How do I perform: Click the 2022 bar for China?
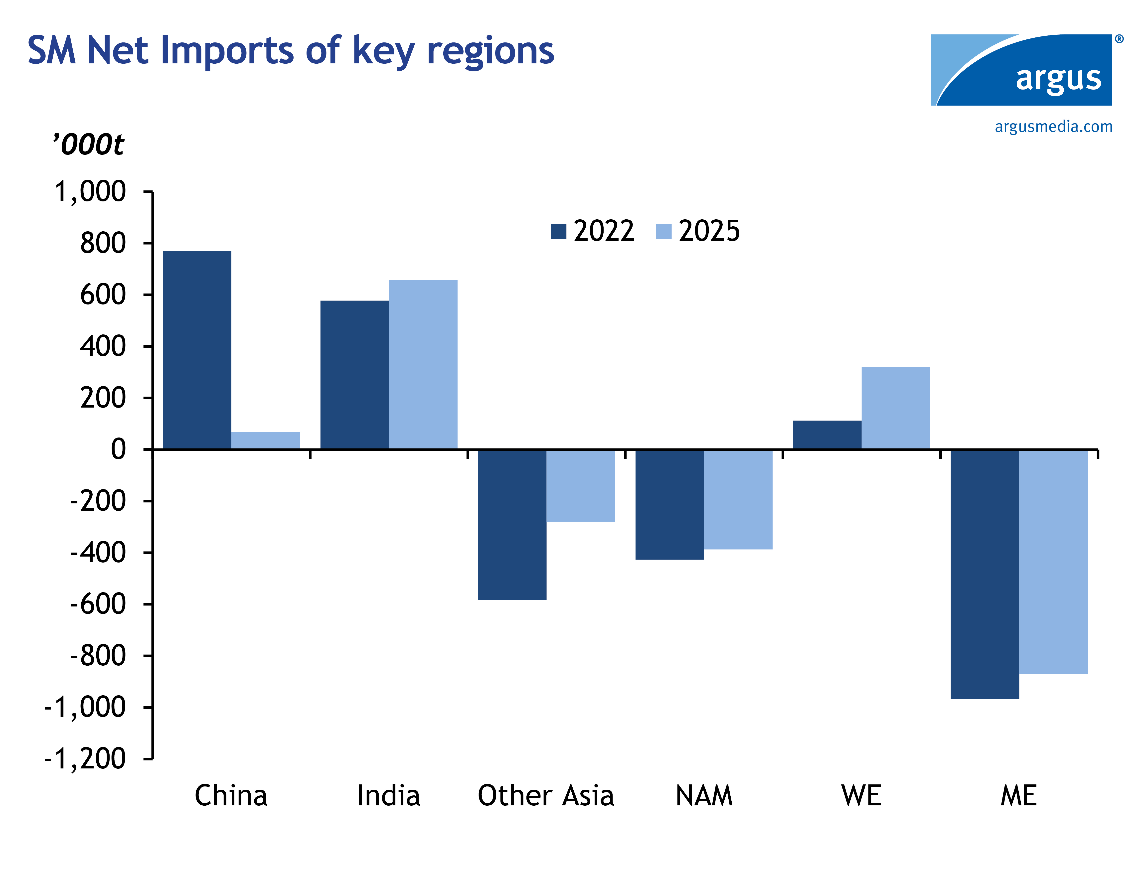pos(197,350)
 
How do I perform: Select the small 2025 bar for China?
pos(266,441)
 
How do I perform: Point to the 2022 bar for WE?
pos(827,435)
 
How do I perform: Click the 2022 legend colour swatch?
pos(558,231)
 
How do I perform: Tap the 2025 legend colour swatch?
pos(664,231)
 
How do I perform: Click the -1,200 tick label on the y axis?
pos(85,759)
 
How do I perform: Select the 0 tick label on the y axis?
pos(118,450)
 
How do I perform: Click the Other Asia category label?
pos(546,796)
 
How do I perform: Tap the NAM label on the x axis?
pos(704,796)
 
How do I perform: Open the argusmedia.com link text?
pos(1053,127)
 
